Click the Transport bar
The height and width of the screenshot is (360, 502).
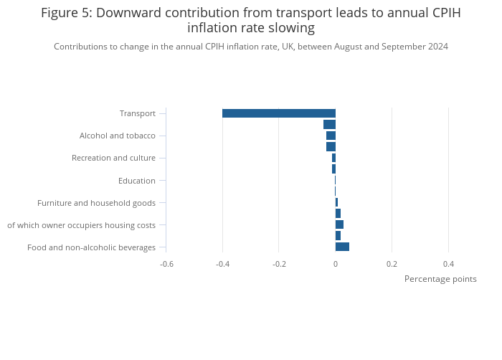tap(279, 113)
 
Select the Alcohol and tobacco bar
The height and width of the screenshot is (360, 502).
tap(331, 136)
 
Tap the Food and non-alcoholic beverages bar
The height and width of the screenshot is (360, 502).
tap(342, 247)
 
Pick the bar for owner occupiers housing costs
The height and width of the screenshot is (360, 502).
tap(339, 224)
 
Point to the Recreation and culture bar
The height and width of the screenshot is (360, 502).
tap(333, 158)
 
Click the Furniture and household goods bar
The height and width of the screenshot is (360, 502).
tap(336, 202)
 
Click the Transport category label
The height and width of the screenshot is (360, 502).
tap(138, 113)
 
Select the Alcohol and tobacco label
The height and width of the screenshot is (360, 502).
tap(118, 136)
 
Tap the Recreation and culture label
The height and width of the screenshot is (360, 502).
tap(113, 158)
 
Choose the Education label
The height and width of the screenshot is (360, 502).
tap(137, 180)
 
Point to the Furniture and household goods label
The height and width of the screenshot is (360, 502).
tap(96, 203)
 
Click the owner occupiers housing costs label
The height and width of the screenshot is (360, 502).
tap(81, 225)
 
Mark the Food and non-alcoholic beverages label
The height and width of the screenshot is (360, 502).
tap(91, 247)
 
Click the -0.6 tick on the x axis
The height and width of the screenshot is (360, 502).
tap(166, 264)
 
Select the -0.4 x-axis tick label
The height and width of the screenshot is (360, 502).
tap(222, 264)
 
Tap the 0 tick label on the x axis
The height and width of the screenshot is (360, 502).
tap(336, 264)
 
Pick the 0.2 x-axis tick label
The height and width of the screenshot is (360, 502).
tap(392, 264)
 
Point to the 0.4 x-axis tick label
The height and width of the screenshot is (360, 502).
tap(448, 264)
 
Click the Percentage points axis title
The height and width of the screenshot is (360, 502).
tap(440, 279)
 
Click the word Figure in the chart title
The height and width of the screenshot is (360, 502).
tap(59, 13)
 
